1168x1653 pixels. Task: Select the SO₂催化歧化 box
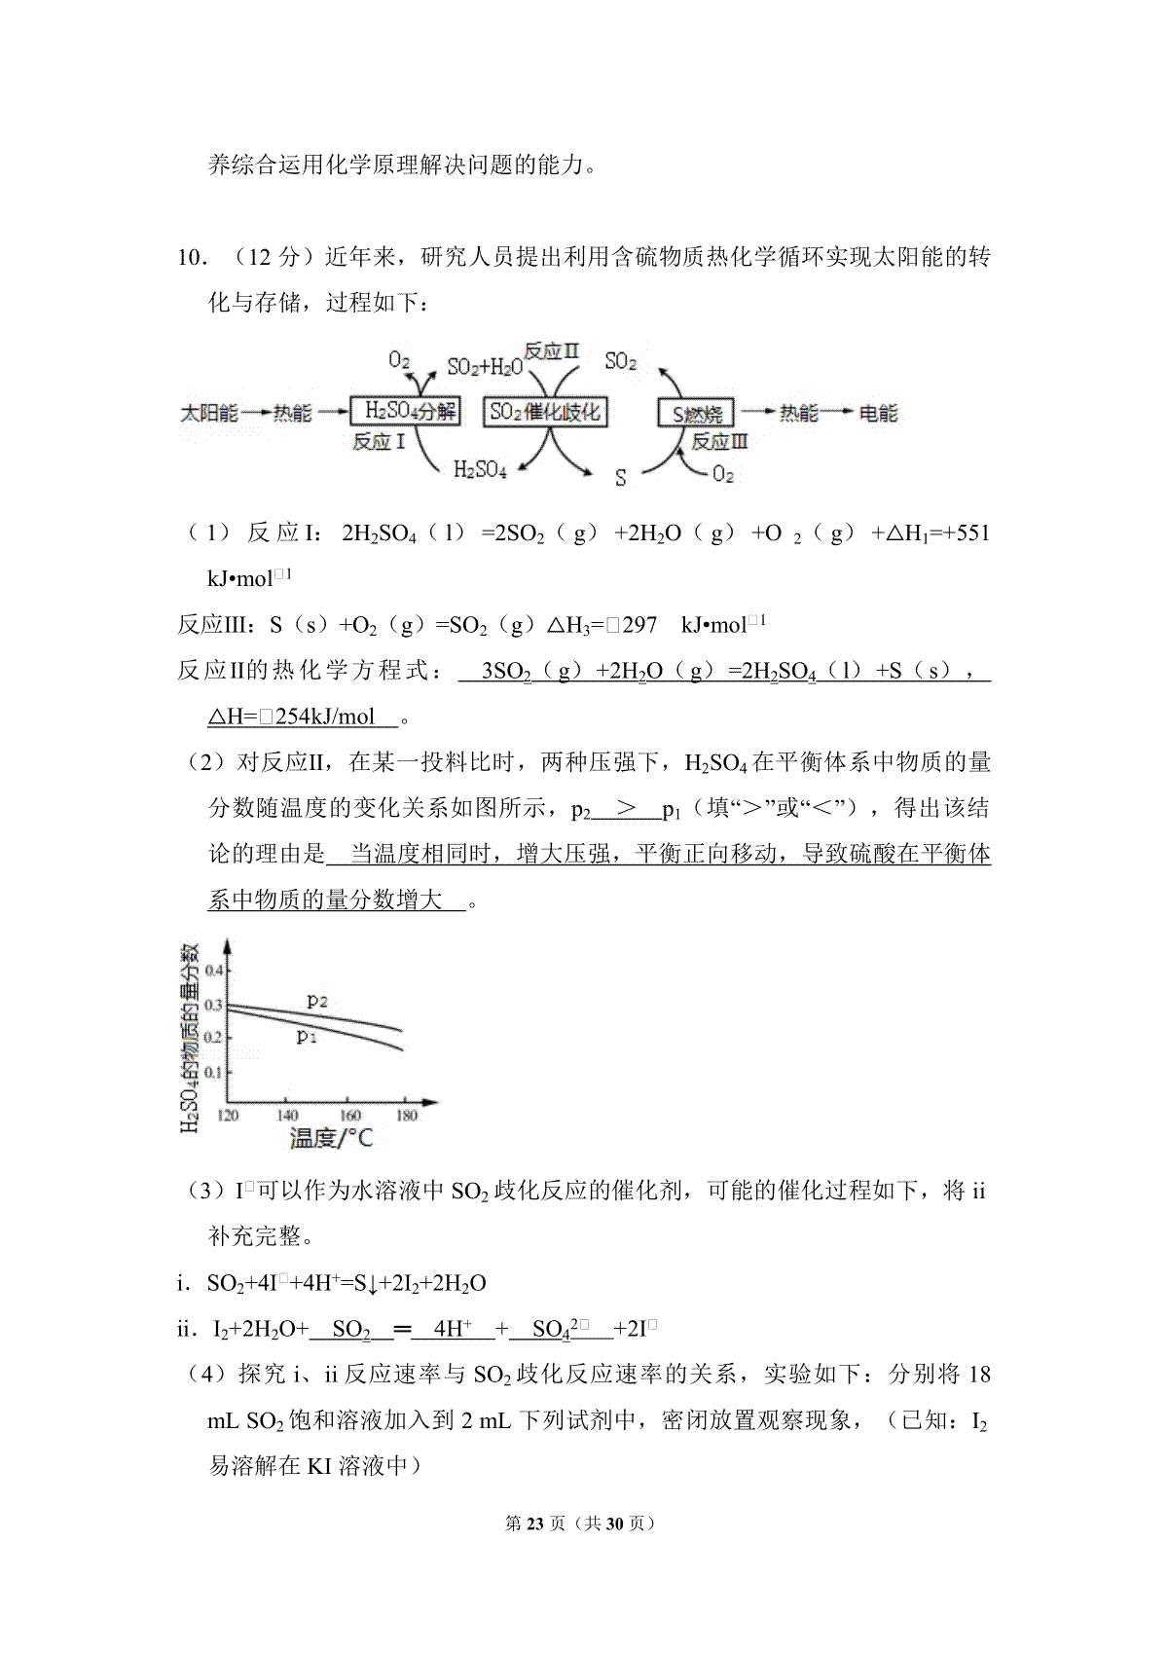pos(545,411)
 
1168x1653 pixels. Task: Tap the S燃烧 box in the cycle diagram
pos(697,414)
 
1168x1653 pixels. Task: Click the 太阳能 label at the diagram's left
pos(209,413)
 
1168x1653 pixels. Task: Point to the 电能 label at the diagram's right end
pos(877,413)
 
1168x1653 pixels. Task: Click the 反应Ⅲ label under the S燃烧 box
pos(719,442)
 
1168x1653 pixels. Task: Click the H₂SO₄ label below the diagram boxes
pos(480,470)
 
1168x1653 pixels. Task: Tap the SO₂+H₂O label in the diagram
pos(484,367)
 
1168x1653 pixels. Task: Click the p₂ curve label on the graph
pos(317,1000)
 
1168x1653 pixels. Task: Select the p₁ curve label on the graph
pos(307,1036)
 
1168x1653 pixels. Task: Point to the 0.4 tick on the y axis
pos(213,970)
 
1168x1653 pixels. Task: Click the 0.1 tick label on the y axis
pos(213,1072)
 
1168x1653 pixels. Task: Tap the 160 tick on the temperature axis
pos(349,1115)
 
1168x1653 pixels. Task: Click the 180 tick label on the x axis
pos(407,1115)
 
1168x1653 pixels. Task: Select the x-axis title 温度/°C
pos(331,1137)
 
